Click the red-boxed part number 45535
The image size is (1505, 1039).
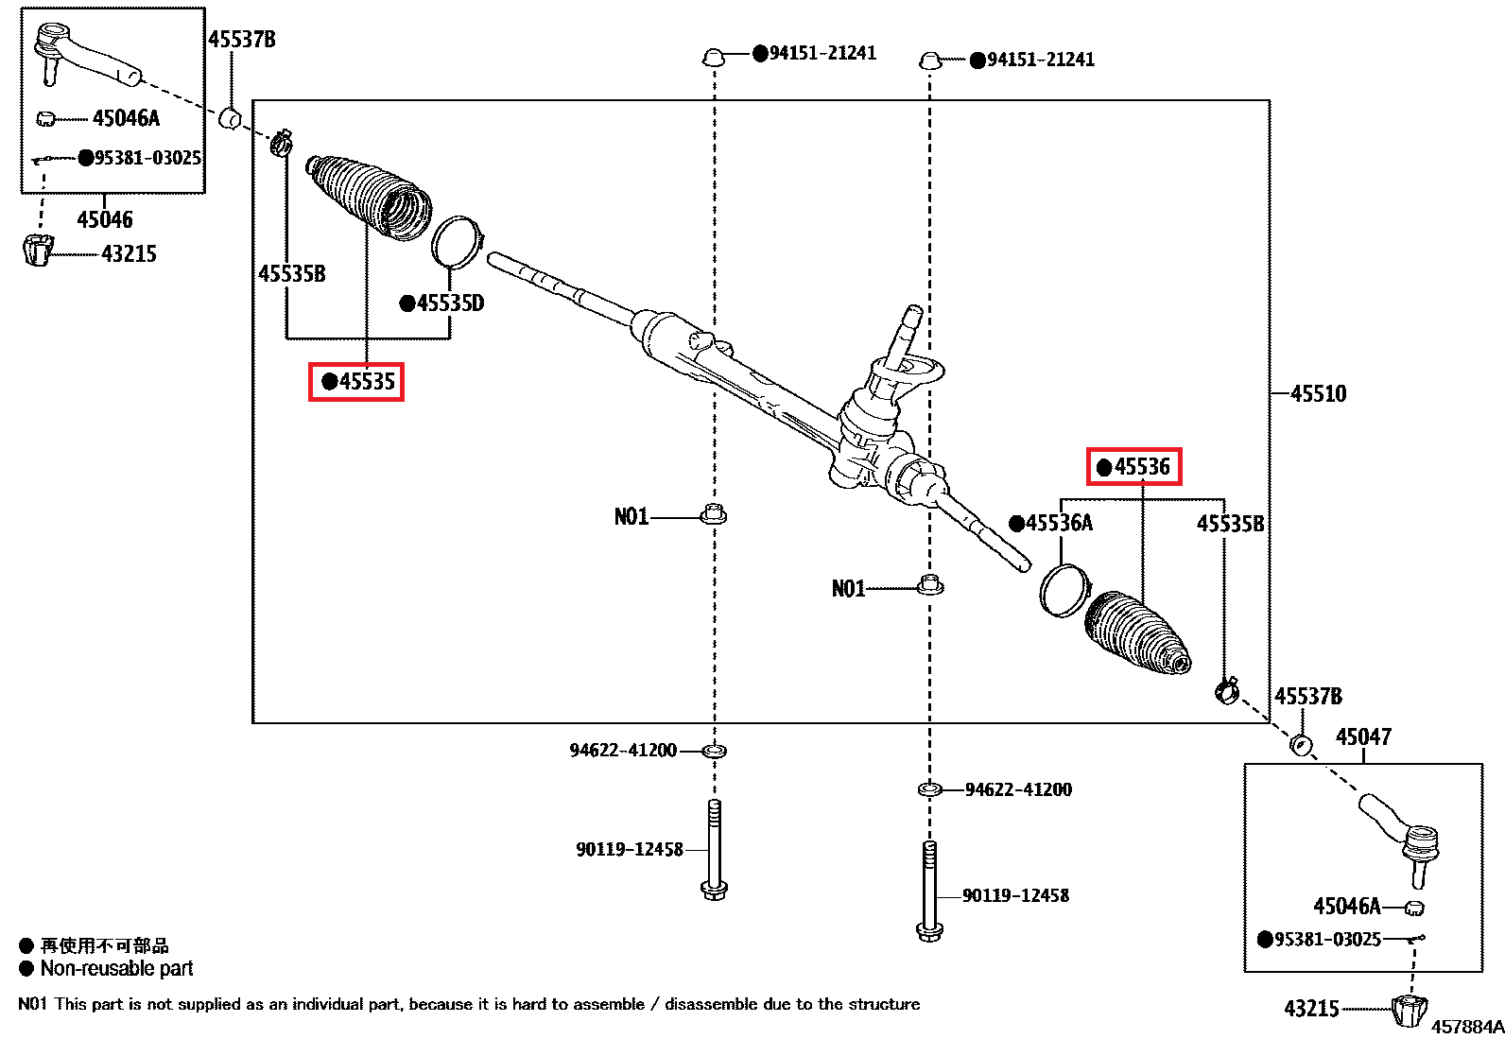pyautogui.click(x=356, y=382)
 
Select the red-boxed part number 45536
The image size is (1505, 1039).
pyautogui.click(x=1133, y=467)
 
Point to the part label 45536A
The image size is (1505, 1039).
pyautogui.click(x=1051, y=523)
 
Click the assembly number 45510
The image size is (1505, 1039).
pyautogui.click(x=1318, y=393)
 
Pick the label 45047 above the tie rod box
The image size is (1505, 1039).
pyautogui.click(x=1363, y=736)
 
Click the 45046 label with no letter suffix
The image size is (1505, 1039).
pyautogui.click(x=105, y=219)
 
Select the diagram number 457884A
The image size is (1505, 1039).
pyautogui.click(x=1467, y=1027)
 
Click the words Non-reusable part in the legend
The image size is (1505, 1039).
pyautogui.click(x=116, y=968)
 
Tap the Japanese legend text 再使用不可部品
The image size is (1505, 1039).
pyautogui.click(x=104, y=945)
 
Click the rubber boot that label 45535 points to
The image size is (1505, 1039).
pyautogui.click(x=370, y=196)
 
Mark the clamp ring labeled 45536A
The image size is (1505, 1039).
pyautogui.click(x=1064, y=590)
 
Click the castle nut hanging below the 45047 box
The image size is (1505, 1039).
pyautogui.click(x=1409, y=1010)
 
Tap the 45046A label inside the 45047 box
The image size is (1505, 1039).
pyautogui.click(x=1347, y=907)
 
